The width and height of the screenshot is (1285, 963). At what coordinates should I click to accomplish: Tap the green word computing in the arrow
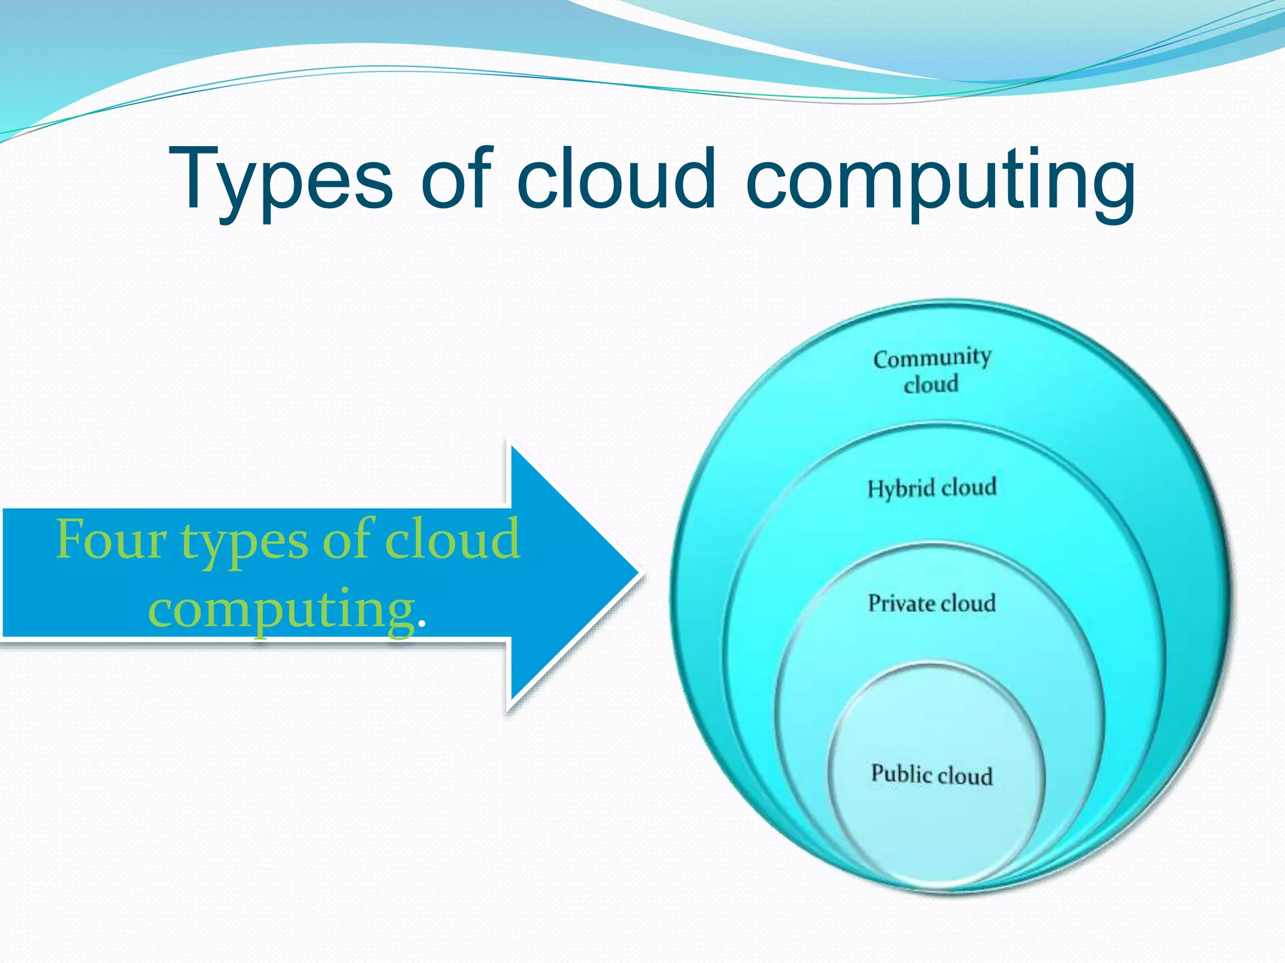pyautogui.click(x=281, y=611)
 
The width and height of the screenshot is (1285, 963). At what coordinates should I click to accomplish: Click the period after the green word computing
pyautogui.click(x=421, y=624)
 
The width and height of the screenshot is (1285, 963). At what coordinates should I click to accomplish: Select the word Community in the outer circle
pyautogui.click(x=932, y=358)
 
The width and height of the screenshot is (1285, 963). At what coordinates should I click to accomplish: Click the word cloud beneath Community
pyautogui.click(x=931, y=384)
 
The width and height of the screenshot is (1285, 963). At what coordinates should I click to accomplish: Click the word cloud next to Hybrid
pyautogui.click(x=969, y=487)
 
